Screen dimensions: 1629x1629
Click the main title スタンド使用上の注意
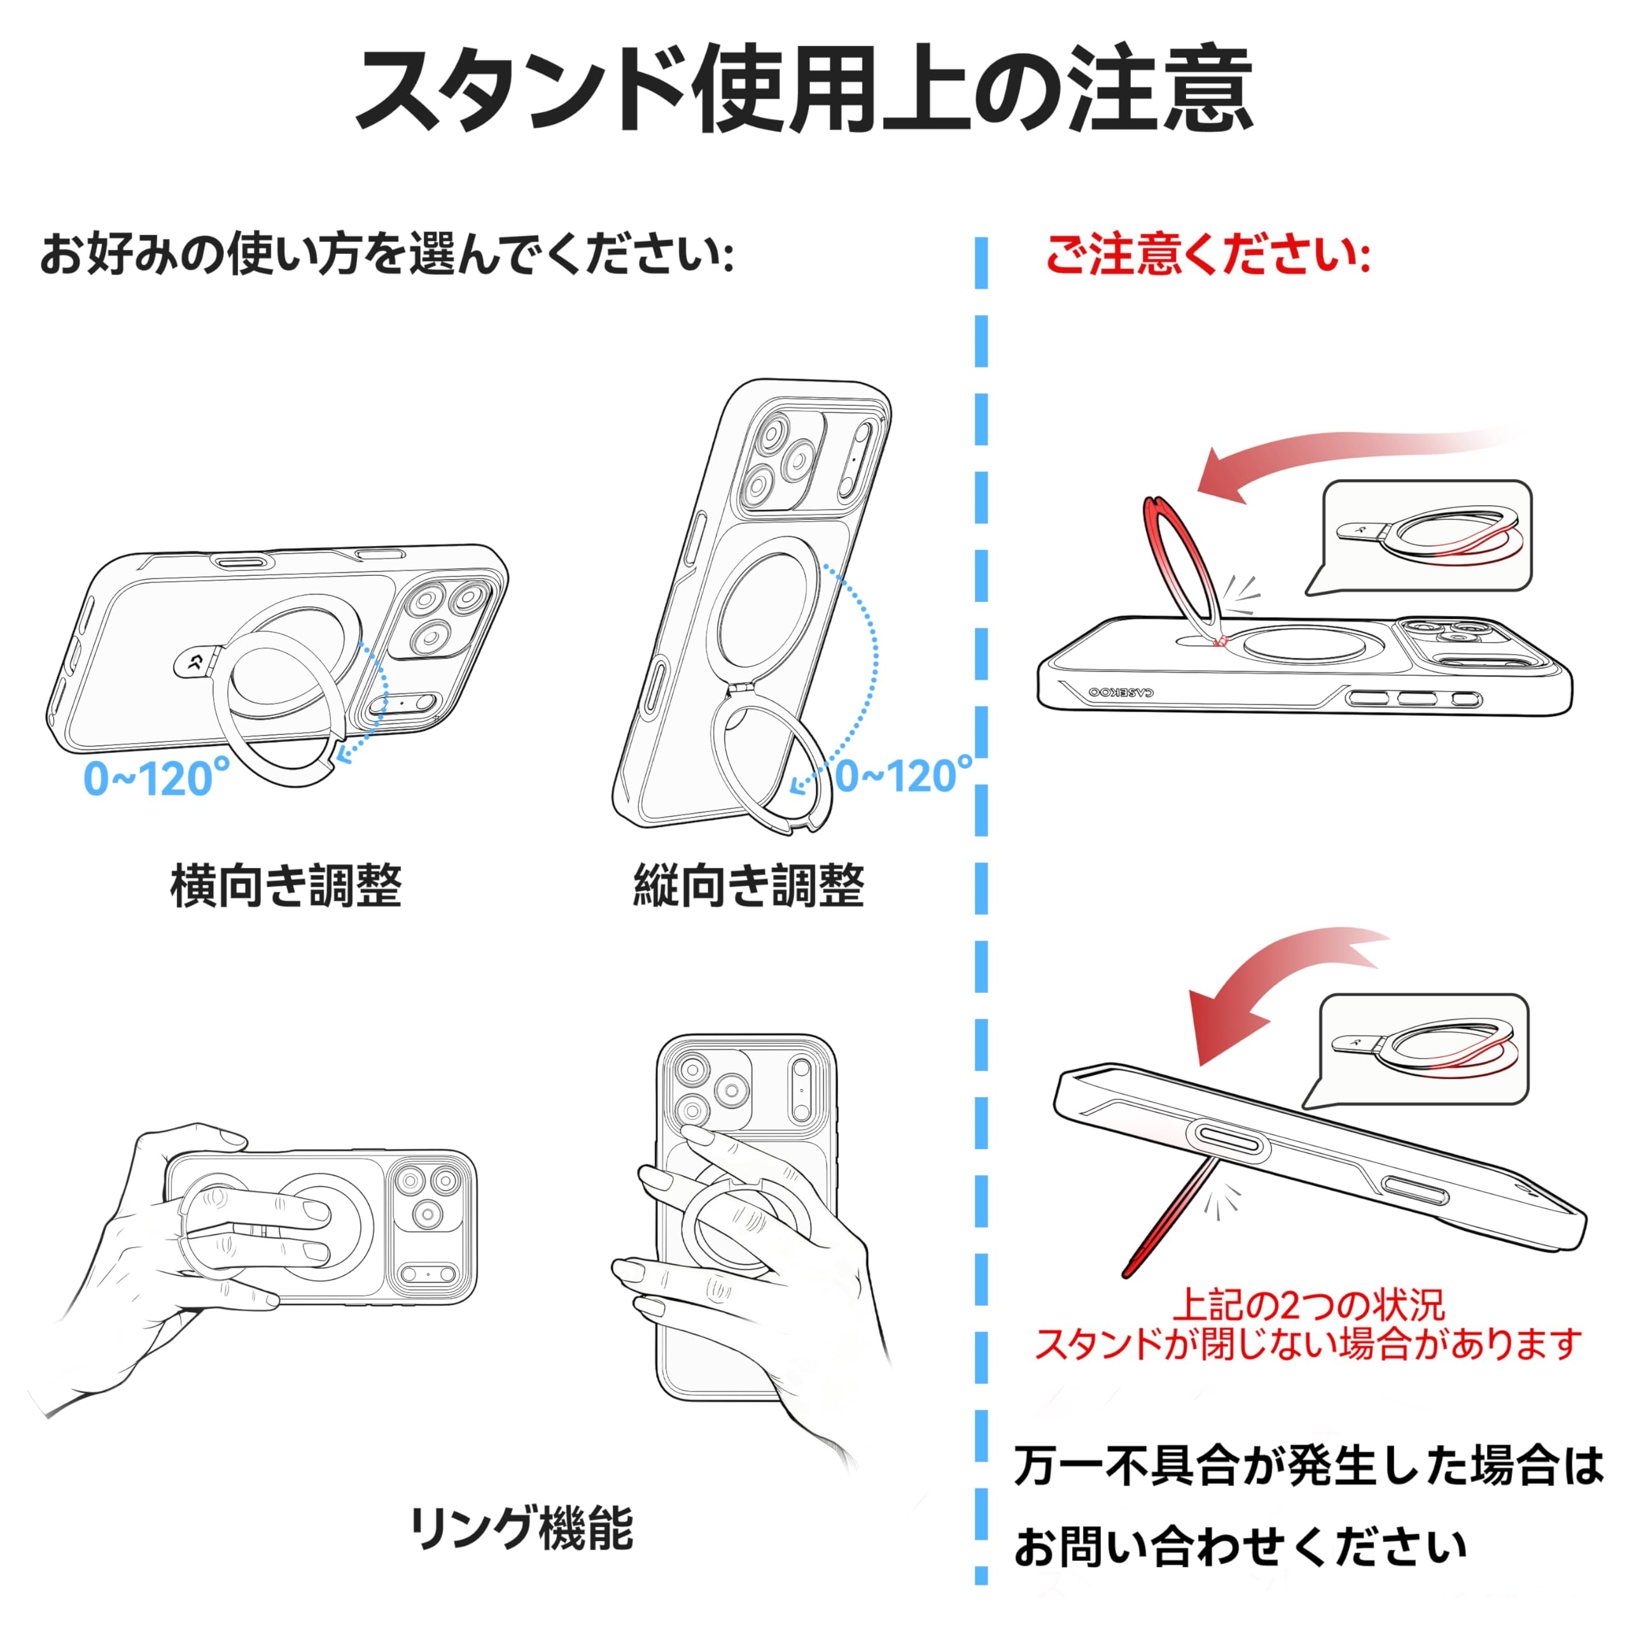coord(804,91)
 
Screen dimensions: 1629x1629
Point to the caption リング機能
coord(521,1528)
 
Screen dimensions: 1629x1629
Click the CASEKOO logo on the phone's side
coord(1121,692)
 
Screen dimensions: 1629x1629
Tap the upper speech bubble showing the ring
coord(1425,535)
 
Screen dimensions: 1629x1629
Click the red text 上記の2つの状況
coord(1308,1306)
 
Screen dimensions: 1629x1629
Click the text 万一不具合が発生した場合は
coord(1308,1466)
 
